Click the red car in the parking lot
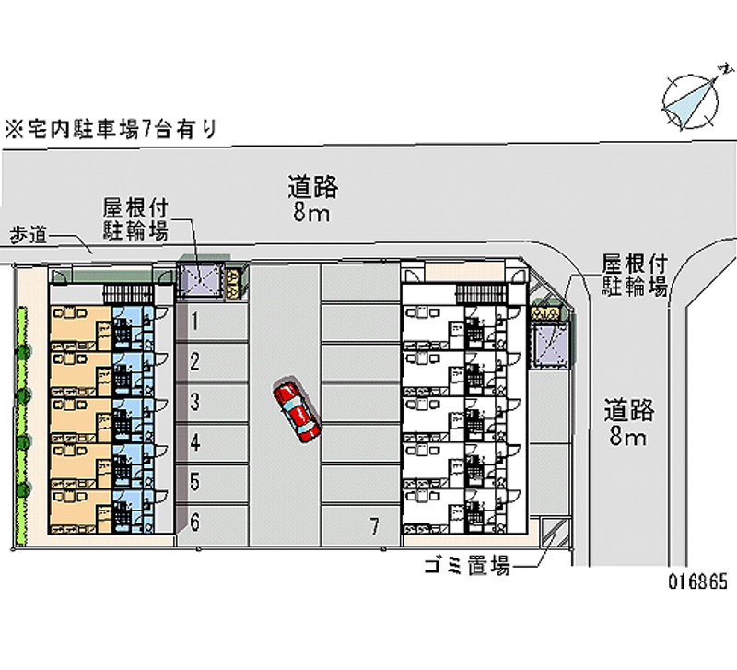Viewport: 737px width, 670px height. point(297,410)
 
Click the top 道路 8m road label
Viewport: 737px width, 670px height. point(312,199)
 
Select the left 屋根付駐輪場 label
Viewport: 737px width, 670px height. point(135,219)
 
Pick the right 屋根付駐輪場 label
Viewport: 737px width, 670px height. point(634,275)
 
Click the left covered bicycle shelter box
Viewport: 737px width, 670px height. point(200,281)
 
